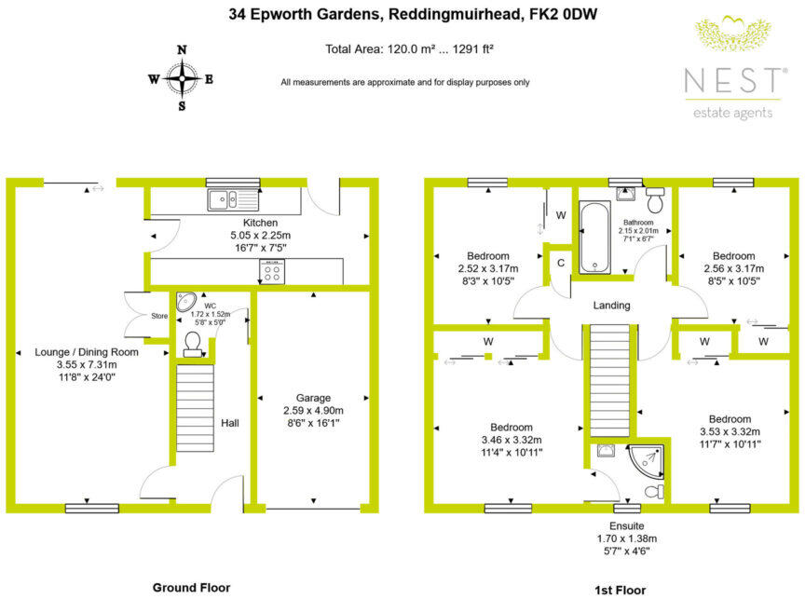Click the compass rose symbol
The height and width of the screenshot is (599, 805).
(x=181, y=78)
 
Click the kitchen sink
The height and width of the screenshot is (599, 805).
(x=224, y=197)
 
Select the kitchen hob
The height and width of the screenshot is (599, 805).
(x=272, y=271)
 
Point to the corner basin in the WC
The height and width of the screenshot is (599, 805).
(x=186, y=302)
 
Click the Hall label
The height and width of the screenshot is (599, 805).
(x=230, y=423)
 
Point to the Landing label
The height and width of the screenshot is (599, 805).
(x=611, y=306)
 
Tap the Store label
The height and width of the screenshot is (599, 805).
(x=160, y=317)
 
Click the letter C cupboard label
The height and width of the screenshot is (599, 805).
(x=560, y=263)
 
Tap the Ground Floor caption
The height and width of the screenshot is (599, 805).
(x=191, y=587)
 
